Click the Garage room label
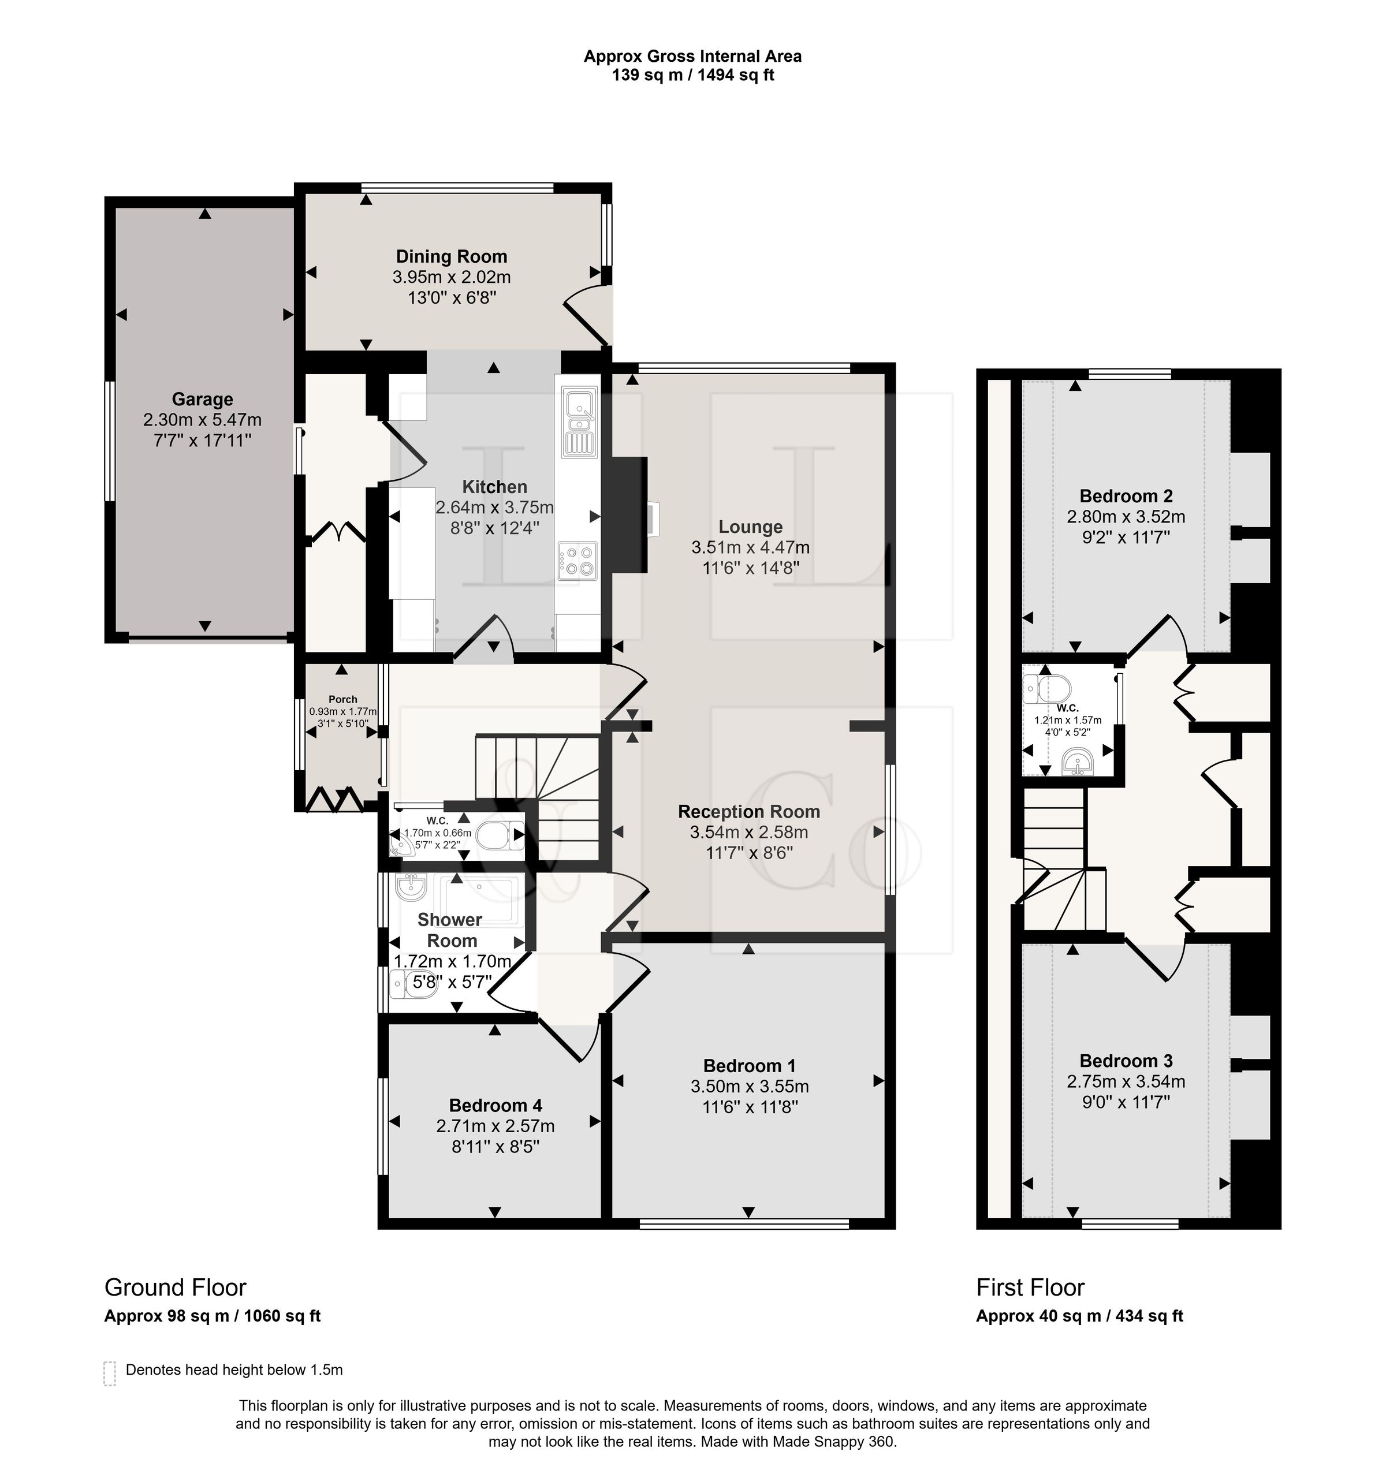coord(203,400)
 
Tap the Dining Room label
coord(452,256)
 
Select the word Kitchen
coord(495,487)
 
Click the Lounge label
coord(751,527)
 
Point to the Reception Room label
coord(749,812)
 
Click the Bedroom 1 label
coord(749,1066)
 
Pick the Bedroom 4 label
coord(495,1106)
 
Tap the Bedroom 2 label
coord(1126,496)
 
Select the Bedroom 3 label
coord(1126,1061)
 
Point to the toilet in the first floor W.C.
coord(1046,688)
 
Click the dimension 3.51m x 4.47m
coord(751,548)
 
